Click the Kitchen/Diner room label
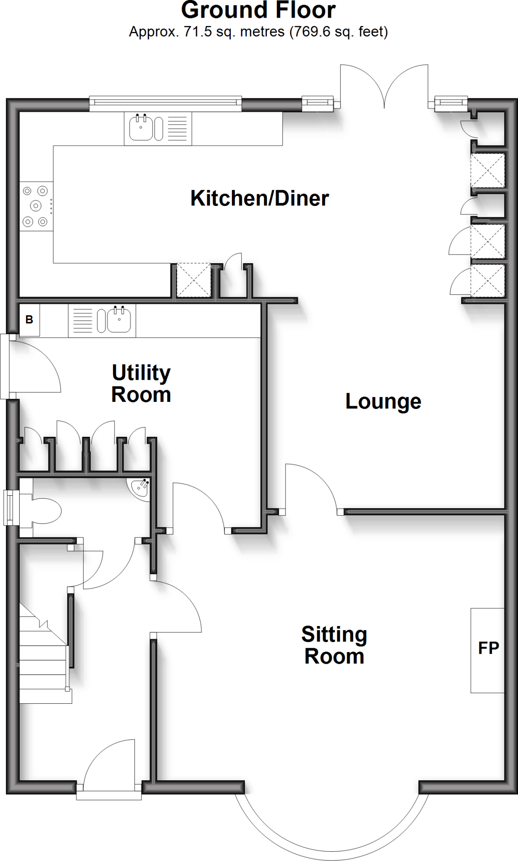(260, 198)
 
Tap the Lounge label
(383, 402)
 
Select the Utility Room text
(141, 384)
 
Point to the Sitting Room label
(334, 645)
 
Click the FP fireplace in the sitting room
(487, 650)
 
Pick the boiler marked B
(29, 320)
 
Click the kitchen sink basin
(141, 128)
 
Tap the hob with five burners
(36, 206)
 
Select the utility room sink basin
(119, 320)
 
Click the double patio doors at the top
(384, 86)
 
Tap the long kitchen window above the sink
(166, 103)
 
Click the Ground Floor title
(258, 10)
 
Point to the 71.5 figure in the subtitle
(198, 32)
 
